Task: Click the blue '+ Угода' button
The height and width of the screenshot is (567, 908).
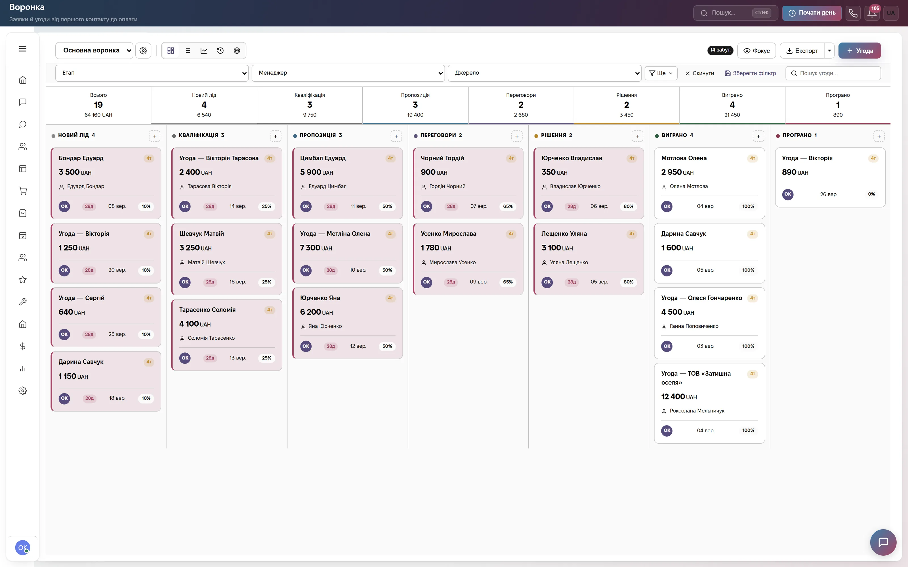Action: [x=859, y=51]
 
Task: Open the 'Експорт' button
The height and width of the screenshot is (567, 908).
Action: [x=802, y=51]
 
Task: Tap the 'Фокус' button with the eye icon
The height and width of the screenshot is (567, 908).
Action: [x=756, y=51]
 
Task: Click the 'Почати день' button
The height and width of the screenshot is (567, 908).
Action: [x=812, y=13]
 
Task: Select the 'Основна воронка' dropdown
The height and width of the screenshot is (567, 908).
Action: [x=94, y=50]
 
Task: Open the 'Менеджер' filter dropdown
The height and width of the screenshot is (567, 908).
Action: [x=348, y=73]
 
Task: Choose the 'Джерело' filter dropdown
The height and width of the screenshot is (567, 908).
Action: [x=545, y=73]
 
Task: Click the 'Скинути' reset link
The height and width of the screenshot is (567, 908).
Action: [x=699, y=73]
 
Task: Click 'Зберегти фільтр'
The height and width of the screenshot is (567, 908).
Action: [x=751, y=73]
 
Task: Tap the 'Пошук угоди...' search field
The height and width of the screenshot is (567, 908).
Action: [x=833, y=73]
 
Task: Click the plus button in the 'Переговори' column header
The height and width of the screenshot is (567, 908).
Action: [x=517, y=136]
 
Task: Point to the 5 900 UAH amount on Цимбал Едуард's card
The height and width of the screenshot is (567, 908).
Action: [x=316, y=172]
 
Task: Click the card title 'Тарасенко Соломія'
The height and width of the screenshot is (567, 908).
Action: [x=207, y=310]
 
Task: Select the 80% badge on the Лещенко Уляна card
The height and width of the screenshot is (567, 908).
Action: [x=629, y=282]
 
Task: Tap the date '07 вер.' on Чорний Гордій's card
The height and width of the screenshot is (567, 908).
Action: [x=479, y=206]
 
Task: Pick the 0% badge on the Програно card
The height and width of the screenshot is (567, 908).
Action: [x=871, y=194]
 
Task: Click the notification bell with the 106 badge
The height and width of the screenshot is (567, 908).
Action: [x=872, y=13]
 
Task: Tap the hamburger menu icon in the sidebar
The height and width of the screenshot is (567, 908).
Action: [x=22, y=49]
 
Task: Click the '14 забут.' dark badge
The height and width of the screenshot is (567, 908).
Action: [x=720, y=50]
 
